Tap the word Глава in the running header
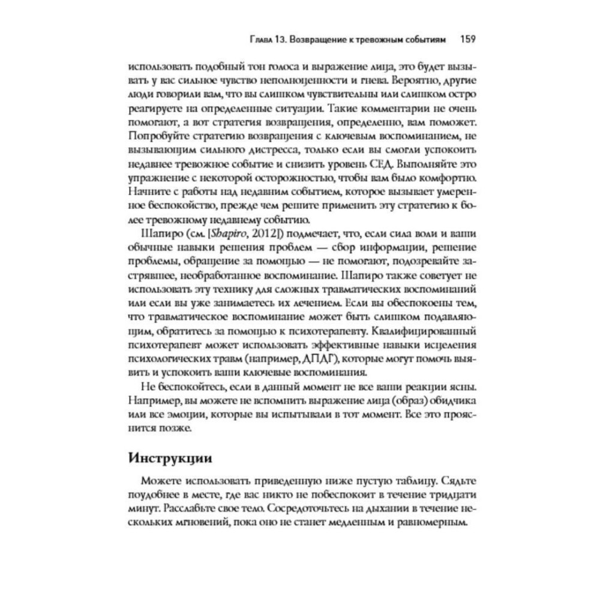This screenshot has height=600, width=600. point(262,40)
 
